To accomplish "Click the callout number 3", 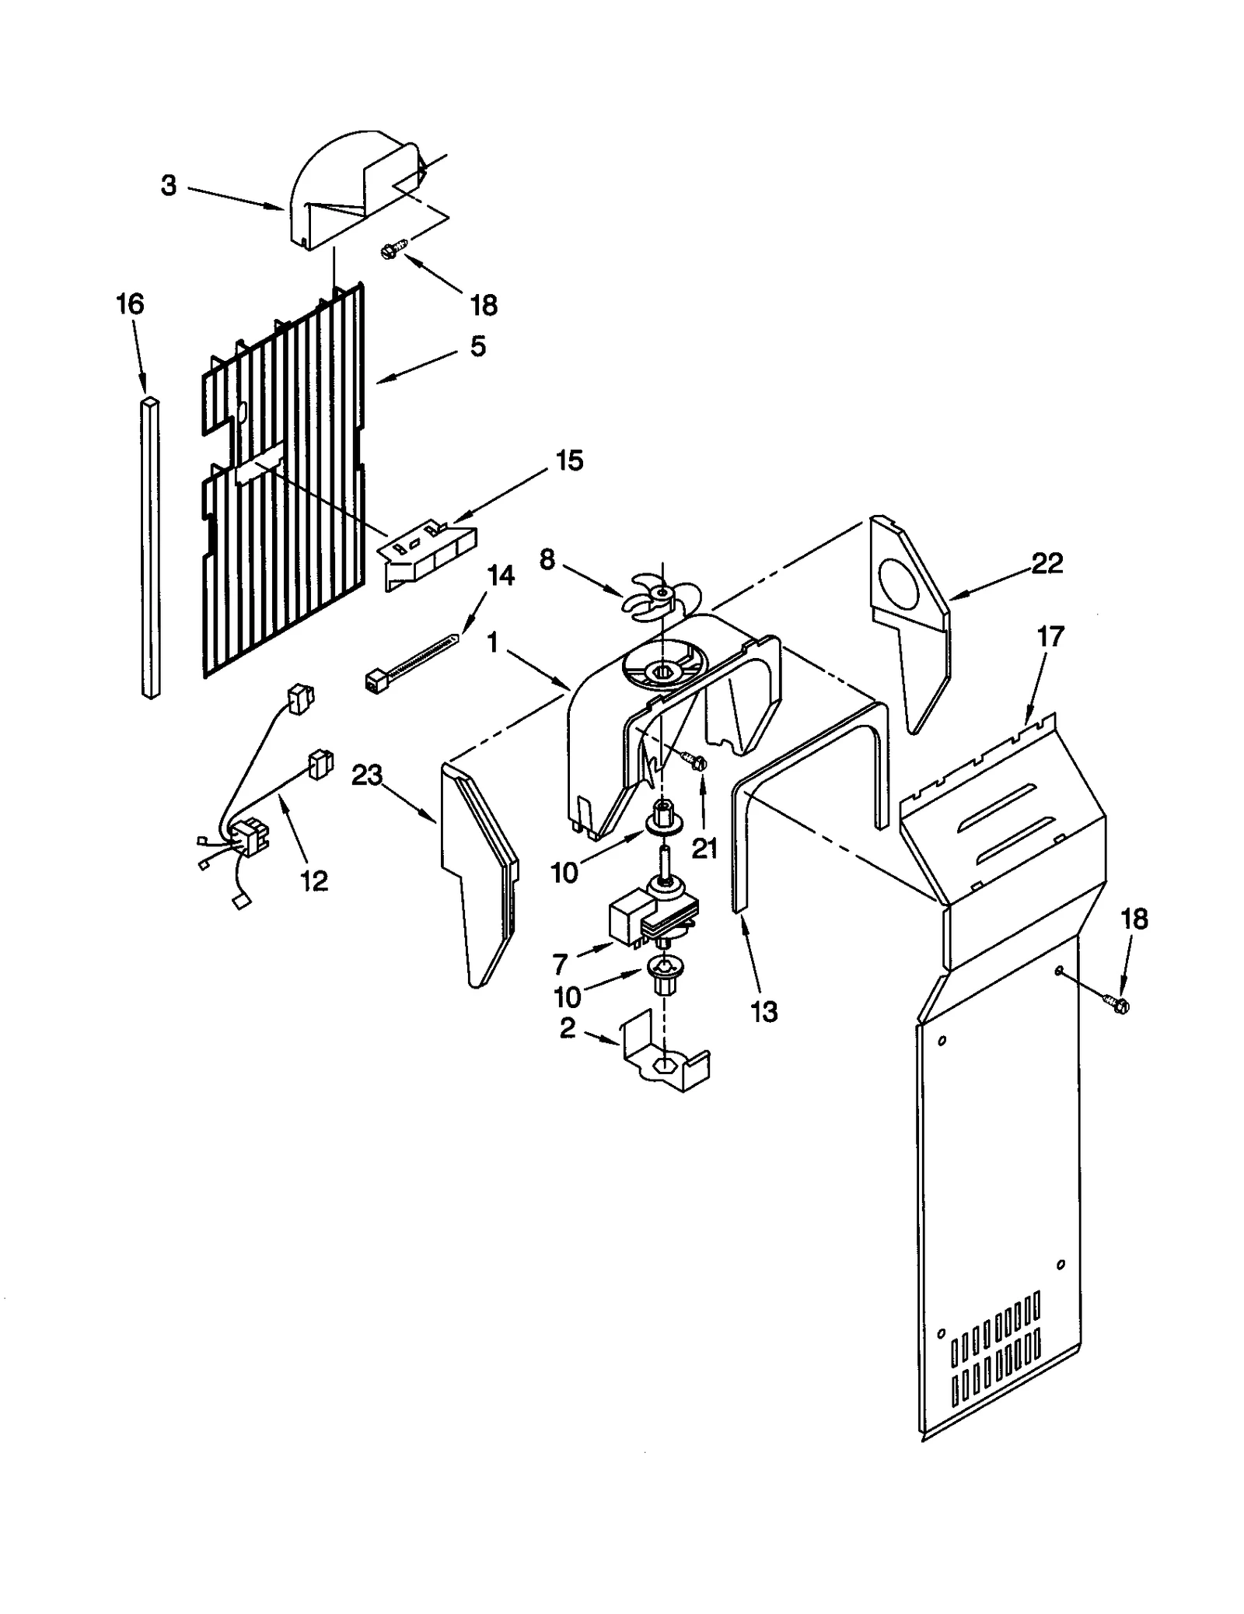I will [x=169, y=186].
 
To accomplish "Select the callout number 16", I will [x=130, y=304].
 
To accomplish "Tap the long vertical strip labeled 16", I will [x=151, y=548].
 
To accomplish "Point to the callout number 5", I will [x=477, y=346].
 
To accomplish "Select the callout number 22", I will [x=1047, y=563].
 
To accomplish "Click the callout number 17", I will [x=1050, y=637].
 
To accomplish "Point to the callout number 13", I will [x=764, y=1011].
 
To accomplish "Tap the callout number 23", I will [x=367, y=775].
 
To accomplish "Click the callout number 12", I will [x=314, y=881].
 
